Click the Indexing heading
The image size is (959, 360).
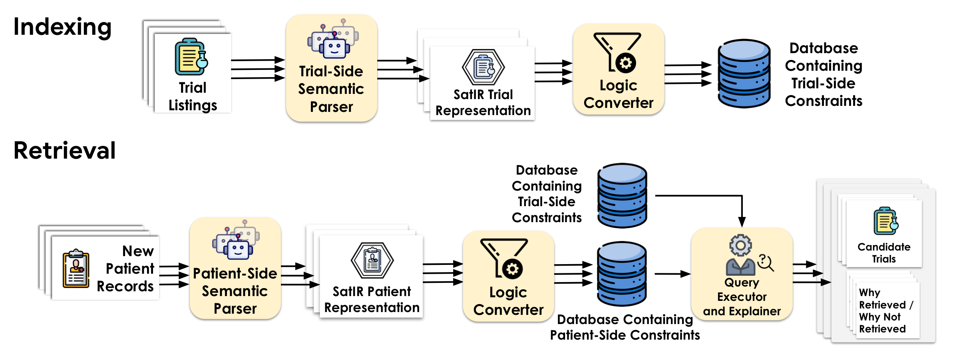62,27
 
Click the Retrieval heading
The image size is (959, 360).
64,151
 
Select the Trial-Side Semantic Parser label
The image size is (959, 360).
331,89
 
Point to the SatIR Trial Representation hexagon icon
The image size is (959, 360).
483,67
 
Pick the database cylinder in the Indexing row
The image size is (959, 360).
744,74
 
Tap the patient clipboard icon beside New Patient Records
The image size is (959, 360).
76,269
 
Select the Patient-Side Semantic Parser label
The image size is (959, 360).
235,291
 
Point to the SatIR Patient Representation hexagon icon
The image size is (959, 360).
372,261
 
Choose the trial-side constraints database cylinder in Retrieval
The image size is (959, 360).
622,195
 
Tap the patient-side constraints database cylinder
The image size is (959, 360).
622,274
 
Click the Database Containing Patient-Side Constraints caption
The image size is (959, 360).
625,327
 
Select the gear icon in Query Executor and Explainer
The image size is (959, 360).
740,245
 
